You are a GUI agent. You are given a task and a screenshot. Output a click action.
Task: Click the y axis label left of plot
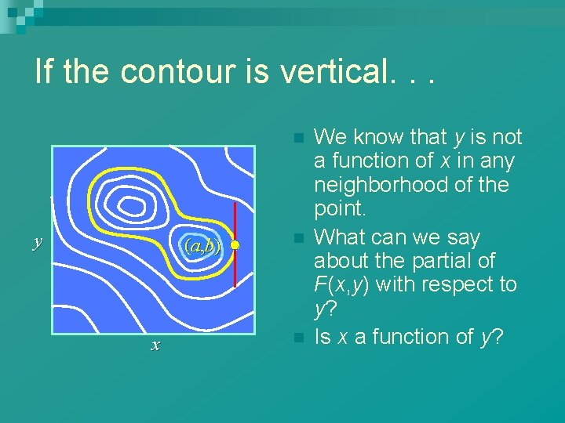(x=36, y=242)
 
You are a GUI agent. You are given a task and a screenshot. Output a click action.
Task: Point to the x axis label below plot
(x=155, y=345)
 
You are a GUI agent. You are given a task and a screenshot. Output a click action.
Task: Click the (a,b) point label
(x=202, y=246)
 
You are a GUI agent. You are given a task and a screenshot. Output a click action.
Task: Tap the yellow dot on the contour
(x=235, y=245)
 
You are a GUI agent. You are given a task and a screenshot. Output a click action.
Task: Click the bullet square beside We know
(x=297, y=138)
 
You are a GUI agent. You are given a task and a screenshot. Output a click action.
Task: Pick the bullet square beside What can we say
(x=297, y=237)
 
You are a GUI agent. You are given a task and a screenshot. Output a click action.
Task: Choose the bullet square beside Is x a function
(x=297, y=338)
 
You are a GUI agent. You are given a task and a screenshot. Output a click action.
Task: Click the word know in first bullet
(x=374, y=137)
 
